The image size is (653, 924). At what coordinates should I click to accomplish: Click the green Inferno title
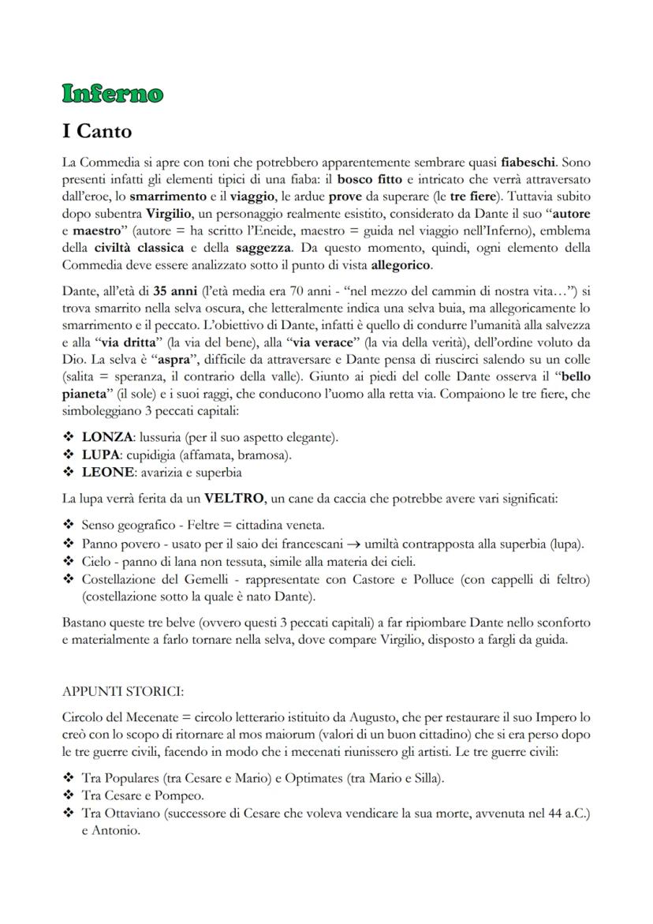[x=113, y=94]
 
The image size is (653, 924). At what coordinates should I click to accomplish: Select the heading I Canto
[x=97, y=130]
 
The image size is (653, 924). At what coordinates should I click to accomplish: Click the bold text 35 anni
[x=175, y=290]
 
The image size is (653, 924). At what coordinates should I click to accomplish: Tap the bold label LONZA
[x=107, y=436]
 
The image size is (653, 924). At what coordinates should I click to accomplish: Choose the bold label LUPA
[x=102, y=455]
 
